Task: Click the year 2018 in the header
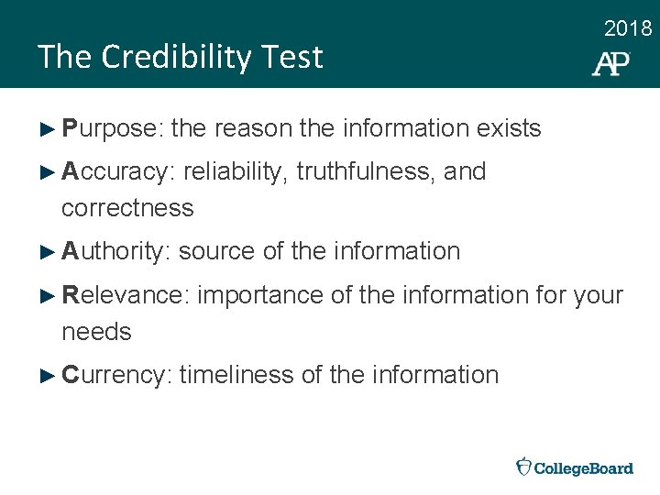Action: [x=628, y=29]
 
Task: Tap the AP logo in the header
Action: [x=610, y=63]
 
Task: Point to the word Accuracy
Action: [x=119, y=172]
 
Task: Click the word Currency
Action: [x=116, y=375]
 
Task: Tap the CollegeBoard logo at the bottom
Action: [x=575, y=467]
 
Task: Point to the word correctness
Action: [x=127, y=208]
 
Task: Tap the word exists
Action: [x=509, y=129]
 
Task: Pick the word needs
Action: [x=96, y=332]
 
